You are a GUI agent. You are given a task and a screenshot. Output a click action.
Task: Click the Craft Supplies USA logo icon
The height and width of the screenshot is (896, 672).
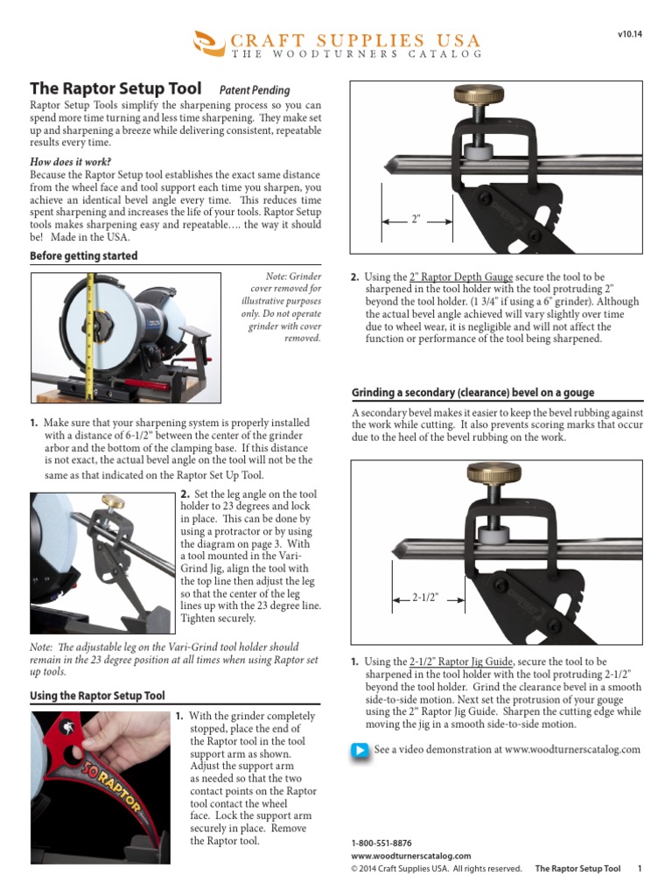pos(207,40)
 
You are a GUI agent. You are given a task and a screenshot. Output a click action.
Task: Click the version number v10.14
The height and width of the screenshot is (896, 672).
pos(629,34)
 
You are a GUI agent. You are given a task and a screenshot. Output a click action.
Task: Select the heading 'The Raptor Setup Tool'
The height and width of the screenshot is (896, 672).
pos(115,88)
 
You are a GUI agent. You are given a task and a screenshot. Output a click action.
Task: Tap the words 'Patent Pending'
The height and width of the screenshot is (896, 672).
pos(255,89)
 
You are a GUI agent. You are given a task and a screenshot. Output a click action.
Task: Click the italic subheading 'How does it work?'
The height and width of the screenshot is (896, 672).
pos(71,162)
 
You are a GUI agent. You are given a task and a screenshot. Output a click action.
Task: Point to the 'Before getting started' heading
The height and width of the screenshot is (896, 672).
pos(84,256)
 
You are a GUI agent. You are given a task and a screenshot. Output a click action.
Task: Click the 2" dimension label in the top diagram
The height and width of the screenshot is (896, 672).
pos(416,220)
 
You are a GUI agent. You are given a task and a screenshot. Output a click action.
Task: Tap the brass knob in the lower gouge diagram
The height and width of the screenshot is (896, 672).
pos(493,475)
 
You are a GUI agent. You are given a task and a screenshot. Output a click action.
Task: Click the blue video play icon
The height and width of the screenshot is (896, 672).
pos(360,750)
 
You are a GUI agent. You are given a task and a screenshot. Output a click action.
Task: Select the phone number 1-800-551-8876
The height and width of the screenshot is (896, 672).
pos(381,843)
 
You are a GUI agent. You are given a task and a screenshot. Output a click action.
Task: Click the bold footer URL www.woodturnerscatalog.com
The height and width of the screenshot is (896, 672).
pos(410,856)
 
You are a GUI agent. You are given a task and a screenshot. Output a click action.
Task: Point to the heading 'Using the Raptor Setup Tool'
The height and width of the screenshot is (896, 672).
pos(97,696)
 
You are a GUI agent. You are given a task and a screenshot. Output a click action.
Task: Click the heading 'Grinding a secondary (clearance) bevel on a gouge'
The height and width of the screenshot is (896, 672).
pos(472,393)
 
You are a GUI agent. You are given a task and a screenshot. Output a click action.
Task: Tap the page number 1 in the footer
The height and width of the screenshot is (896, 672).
pos(640,869)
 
